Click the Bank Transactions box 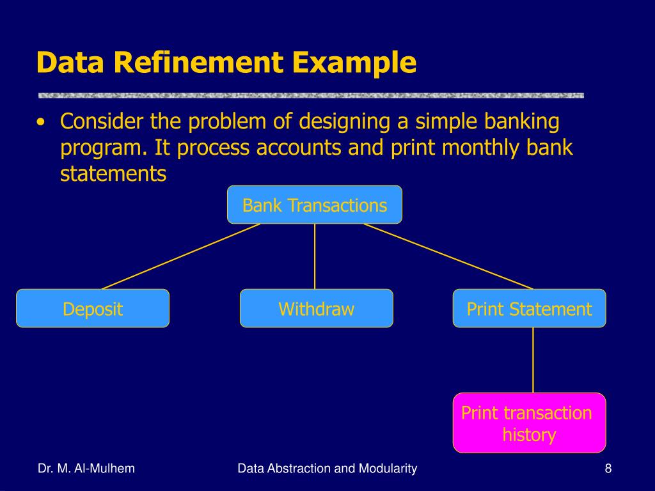(315, 205)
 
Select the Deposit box (93, 309)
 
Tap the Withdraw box (316, 309)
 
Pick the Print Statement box (529, 309)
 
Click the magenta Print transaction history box (529, 423)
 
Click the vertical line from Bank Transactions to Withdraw (315, 256)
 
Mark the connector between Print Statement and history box (533, 360)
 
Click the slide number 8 (608, 469)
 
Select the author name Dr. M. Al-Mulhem (86, 469)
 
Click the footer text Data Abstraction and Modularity (327, 469)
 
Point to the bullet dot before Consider (42, 121)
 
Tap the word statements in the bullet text (113, 174)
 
